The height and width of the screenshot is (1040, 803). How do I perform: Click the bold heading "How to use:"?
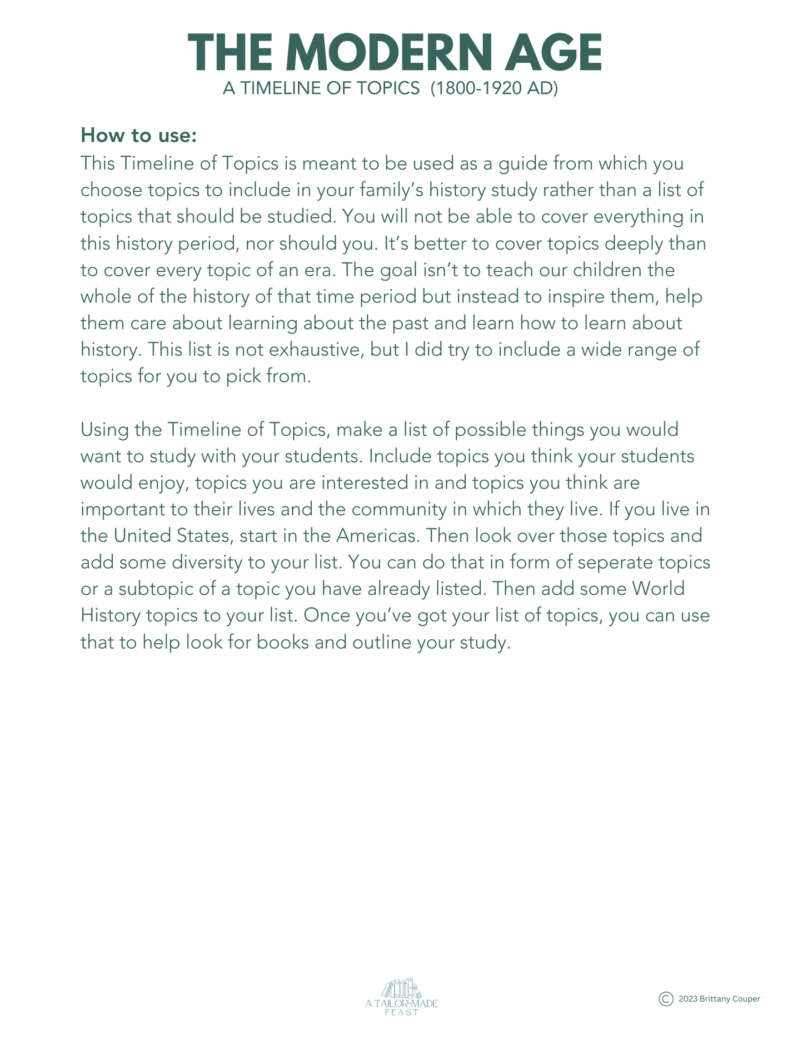[138, 135]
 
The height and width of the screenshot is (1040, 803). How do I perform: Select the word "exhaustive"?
[335, 350]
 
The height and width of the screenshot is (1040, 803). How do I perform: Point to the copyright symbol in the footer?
[666, 999]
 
